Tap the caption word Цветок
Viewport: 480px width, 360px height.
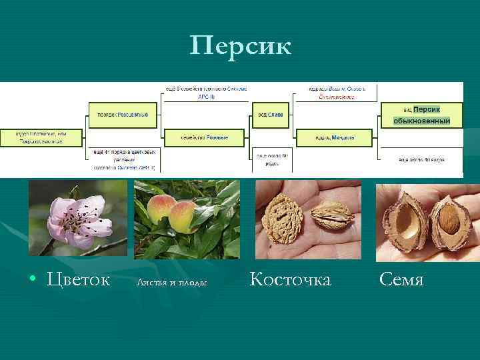tap(79, 279)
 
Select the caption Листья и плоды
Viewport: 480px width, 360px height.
tap(172, 282)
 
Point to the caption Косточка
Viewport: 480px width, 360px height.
tap(290, 279)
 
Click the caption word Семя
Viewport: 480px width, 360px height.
tap(401, 279)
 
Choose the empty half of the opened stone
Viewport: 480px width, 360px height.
tap(406, 223)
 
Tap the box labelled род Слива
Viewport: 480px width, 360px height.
tap(270, 114)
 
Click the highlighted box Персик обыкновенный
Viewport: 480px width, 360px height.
tap(421, 115)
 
